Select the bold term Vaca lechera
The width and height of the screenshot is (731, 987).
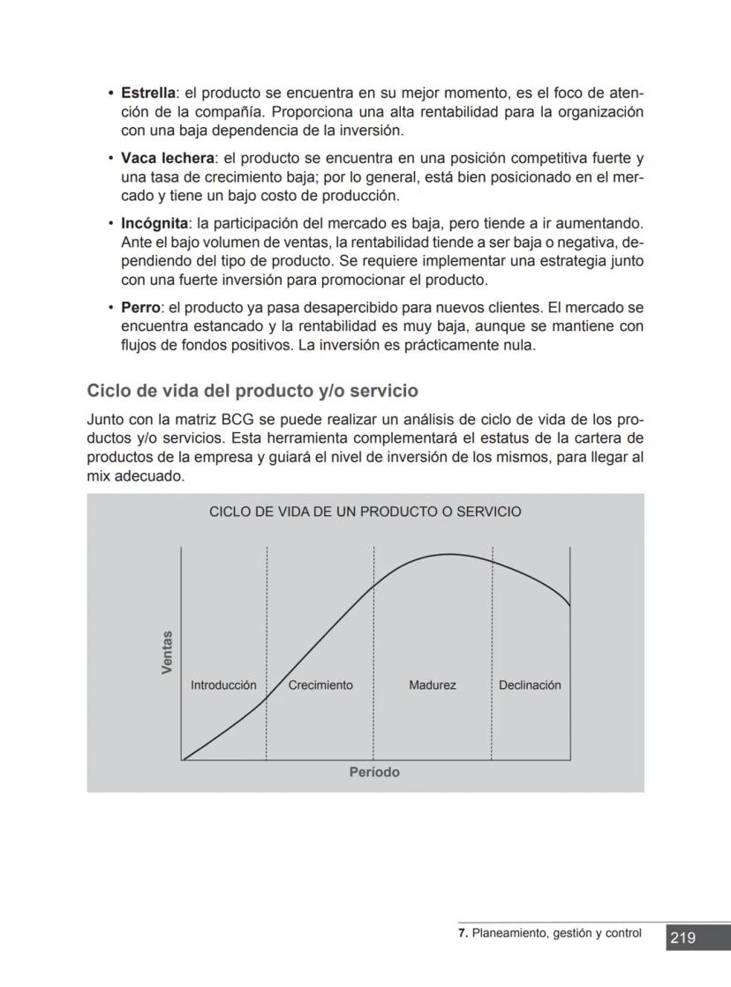pyautogui.click(x=168, y=158)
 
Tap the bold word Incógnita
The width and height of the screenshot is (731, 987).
pyautogui.click(x=154, y=223)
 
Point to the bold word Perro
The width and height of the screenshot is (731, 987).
pyautogui.click(x=140, y=307)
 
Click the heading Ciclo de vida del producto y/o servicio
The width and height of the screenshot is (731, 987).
pyautogui.click(x=252, y=390)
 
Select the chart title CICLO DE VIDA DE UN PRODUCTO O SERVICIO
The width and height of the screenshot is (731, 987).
pyautogui.click(x=365, y=512)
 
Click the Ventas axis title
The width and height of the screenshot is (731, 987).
pyautogui.click(x=168, y=653)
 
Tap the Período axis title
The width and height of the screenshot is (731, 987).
pyautogui.click(x=374, y=773)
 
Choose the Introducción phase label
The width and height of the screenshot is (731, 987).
pyautogui.click(x=223, y=685)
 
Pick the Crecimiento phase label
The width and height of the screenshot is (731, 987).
pyautogui.click(x=320, y=685)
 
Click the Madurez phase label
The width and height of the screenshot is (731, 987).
pyautogui.click(x=433, y=685)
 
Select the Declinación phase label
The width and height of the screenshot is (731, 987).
pyautogui.click(x=530, y=685)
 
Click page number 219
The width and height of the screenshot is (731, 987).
pyautogui.click(x=682, y=938)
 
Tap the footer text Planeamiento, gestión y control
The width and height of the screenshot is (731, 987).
pyautogui.click(x=556, y=933)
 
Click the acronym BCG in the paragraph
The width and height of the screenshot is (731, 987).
pyautogui.click(x=237, y=420)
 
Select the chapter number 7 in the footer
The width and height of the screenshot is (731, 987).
pyautogui.click(x=463, y=933)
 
